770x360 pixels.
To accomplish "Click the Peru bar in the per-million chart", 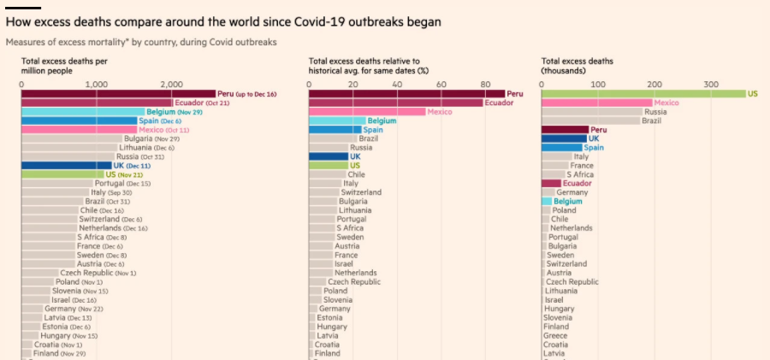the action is coord(118,94).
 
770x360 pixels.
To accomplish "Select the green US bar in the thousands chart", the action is coord(643,94).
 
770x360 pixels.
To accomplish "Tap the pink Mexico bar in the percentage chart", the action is coord(367,111).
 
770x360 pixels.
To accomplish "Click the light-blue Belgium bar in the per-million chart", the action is coord(83,111).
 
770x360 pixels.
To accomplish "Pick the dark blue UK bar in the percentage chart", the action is coord(329,156).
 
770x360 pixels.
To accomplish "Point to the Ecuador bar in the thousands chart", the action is coord(552,183).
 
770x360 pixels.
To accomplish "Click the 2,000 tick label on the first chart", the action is coord(171,84).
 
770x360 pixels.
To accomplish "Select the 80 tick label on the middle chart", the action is coord(485,84).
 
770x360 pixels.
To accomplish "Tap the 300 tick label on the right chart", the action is coord(711,84).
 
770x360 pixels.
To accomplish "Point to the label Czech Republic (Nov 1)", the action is coord(98,273).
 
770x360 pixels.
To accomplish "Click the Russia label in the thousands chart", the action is coord(655,112).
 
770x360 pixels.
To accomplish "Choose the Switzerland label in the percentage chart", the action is coord(361,192).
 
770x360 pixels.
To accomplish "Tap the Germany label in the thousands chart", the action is coord(572,192).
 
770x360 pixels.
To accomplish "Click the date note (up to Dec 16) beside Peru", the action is coord(257,94).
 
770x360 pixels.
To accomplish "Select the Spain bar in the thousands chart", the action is coord(562,147).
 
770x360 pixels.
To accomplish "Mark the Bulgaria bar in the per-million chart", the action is coord(72,139).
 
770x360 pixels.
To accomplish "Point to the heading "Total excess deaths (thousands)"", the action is coord(577,66).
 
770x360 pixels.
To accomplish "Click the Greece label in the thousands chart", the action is coord(556,335).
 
